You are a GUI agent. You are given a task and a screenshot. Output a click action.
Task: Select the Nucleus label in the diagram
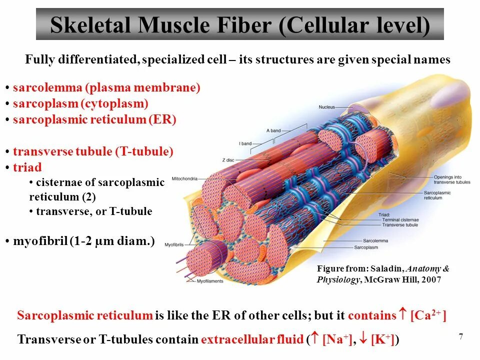[x=326, y=107]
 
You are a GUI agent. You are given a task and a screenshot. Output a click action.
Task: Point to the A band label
[x=273, y=130]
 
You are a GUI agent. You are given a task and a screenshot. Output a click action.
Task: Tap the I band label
[x=245, y=143]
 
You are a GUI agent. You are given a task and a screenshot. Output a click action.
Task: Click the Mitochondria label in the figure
[x=184, y=178]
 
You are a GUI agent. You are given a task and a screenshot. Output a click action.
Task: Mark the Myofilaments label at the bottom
[x=210, y=282]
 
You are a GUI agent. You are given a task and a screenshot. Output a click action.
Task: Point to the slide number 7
[x=460, y=336]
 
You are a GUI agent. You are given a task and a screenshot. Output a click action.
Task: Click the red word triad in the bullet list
[x=27, y=167]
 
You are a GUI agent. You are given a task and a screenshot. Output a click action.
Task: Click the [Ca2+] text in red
[x=428, y=315]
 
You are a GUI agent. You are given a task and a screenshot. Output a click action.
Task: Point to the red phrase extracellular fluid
[x=252, y=339]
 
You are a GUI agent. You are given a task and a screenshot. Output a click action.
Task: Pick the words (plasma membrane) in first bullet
[x=142, y=88]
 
